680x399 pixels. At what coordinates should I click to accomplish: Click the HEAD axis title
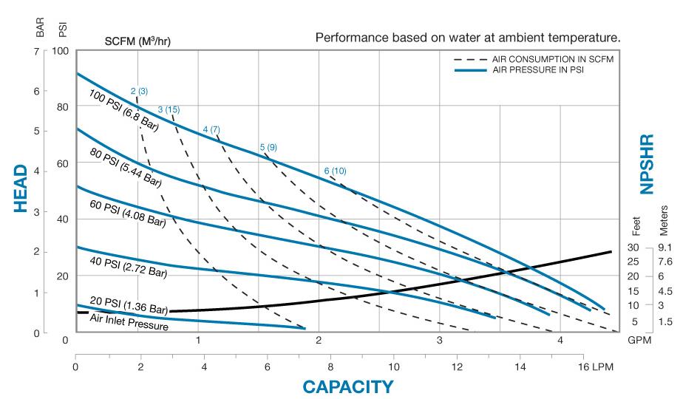point(21,189)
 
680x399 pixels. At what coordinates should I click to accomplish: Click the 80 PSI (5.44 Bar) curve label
point(126,167)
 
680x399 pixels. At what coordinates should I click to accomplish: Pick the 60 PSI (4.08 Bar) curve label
point(126,212)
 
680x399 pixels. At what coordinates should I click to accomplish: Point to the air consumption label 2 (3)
point(139,91)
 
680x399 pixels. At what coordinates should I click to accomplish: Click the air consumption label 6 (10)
point(335,171)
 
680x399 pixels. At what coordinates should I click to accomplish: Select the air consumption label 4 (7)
point(211,130)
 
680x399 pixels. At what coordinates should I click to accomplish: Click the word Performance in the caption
point(346,37)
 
